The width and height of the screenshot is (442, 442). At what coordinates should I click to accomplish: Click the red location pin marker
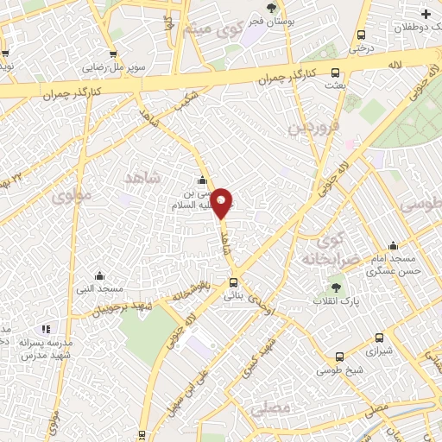(x=222, y=203)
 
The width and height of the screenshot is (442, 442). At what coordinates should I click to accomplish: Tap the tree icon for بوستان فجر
(x=271, y=8)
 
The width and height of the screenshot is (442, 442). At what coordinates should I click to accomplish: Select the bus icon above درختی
(x=361, y=35)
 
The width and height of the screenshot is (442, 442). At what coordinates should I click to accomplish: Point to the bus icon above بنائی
(x=233, y=282)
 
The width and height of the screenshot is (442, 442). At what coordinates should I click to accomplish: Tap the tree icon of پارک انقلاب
(x=336, y=287)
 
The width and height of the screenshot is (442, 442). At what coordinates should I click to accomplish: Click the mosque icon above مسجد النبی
(x=99, y=275)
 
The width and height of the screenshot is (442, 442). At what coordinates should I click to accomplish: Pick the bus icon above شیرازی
(x=379, y=338)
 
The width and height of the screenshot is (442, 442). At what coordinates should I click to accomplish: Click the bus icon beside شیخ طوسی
(x=339, y=355)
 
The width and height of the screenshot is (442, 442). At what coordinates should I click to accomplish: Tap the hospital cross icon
(x=426, y=14)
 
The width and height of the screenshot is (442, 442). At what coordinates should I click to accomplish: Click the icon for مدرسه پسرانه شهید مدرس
(x=46, y=329)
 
